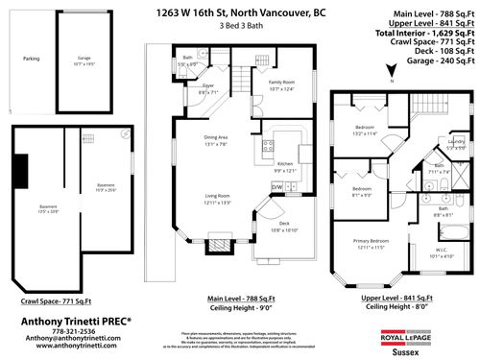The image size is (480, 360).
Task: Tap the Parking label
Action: point(31,60)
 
